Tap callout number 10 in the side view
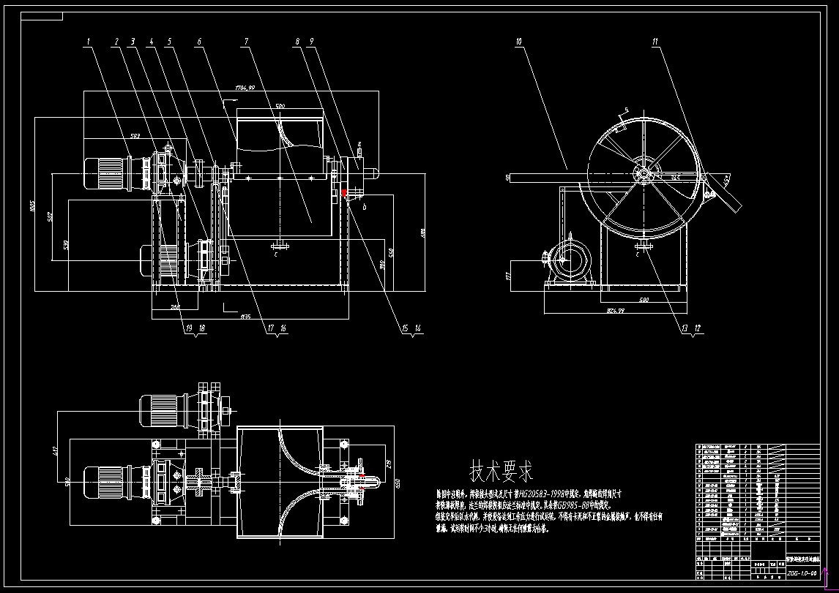click(518, 42)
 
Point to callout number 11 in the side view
click(655, 42)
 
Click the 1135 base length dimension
click(246, 317)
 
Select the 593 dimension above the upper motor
click(135, 135)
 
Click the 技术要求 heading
click(501, 469)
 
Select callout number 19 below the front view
click(187, 329)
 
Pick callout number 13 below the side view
click(684, 329)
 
